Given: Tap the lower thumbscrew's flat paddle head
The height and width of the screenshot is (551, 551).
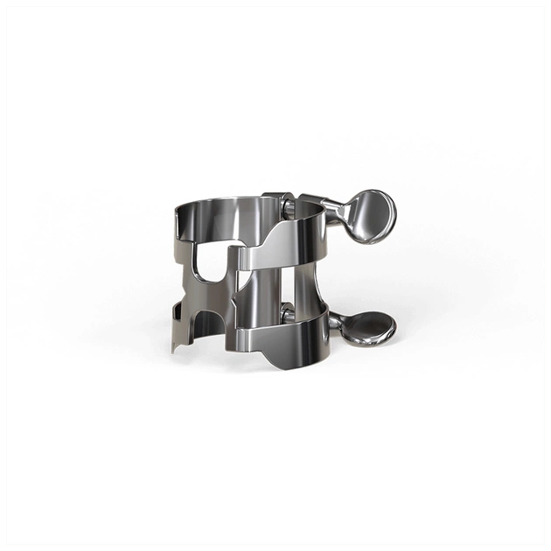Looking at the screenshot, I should pos(367,327).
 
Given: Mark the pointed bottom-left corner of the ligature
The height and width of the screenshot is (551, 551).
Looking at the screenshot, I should pos(175,349).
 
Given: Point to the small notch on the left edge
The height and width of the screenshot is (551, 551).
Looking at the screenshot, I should pos(177,307).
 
